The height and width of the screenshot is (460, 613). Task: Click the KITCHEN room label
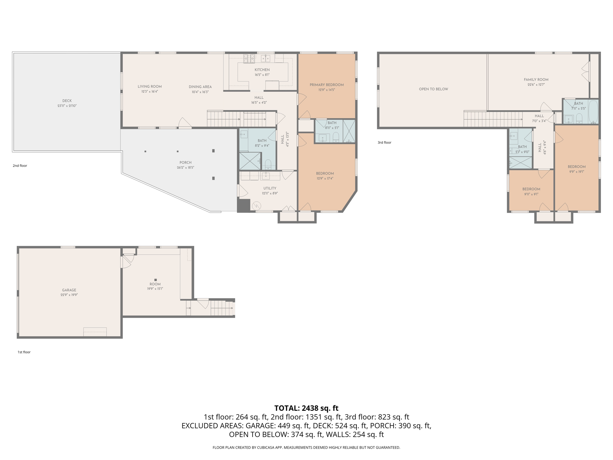click(x=262, y=70)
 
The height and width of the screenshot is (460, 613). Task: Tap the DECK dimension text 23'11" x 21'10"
click(x=67, y=106)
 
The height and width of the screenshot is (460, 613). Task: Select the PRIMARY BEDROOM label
click(x=327, y=85)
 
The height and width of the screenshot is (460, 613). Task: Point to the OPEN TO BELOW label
click(x=433, y=89)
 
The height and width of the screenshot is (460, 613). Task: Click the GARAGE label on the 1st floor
click(x=69, y=290)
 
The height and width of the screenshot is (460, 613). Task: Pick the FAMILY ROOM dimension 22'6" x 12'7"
click(x=536, y=85)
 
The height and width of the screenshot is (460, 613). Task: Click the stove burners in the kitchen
click(x=249, y=58)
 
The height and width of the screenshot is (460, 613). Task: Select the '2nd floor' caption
click(x=20, y=166)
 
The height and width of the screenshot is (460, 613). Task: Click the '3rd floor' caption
click(x=384, y=143)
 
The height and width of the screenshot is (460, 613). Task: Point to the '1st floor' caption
click(x=24, y=352)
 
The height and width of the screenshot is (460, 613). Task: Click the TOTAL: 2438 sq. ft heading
click(x=306, y=408)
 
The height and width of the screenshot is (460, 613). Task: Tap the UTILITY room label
click(x=270, y=188)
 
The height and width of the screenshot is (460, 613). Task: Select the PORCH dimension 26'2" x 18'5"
click(x=185, y=168)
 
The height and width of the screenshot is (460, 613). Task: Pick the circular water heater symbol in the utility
click(x=257, y=206)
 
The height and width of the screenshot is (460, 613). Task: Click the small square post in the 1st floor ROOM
click(x=155, y=280)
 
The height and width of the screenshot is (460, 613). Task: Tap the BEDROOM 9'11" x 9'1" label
click(x=531, y=189)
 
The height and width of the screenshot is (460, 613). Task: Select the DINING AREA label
click(x=200, y=87)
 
